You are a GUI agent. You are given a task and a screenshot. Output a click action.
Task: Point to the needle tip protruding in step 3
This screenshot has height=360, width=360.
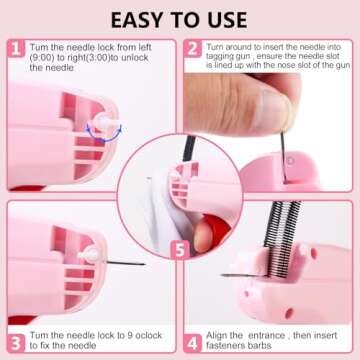coord(140,263)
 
